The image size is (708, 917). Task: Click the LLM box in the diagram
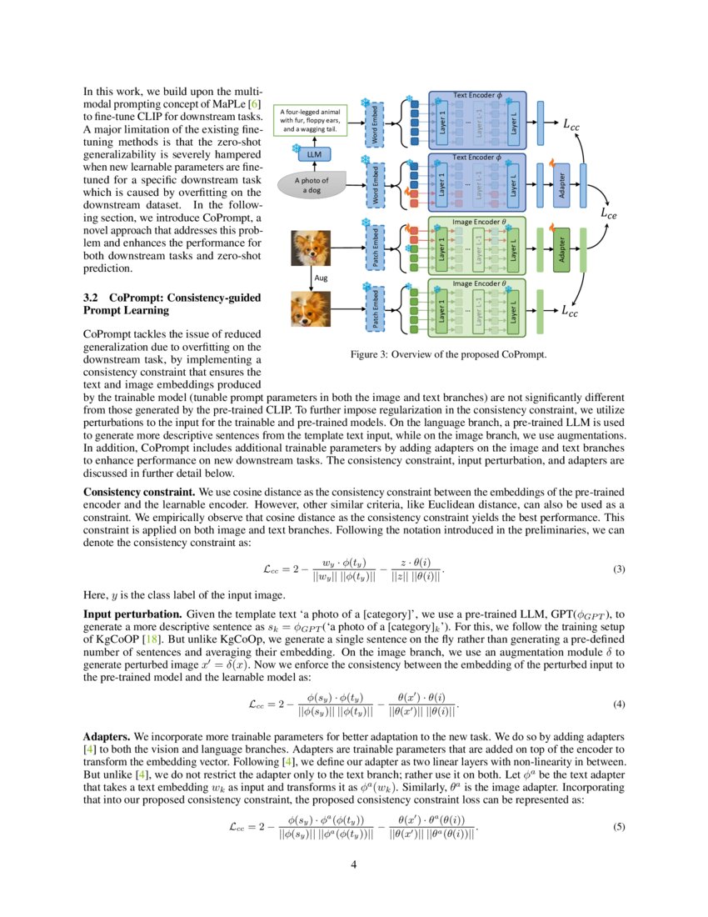[x=314, y=154]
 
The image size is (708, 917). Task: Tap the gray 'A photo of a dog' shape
[x=312, y=185]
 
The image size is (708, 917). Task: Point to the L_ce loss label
[x=611, y=214]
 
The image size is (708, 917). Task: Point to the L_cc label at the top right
[x=572, y=126]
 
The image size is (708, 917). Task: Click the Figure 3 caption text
[x=448, y=355]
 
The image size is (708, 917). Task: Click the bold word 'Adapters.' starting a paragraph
[x=107, y=738]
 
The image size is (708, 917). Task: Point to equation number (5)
[x=619, y=827]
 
